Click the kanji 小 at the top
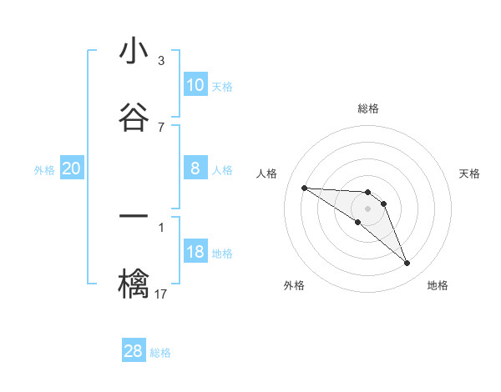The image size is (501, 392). coord(134,52)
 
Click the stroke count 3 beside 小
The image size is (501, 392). coord(160,61)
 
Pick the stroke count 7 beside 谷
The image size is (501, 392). coord(160,127)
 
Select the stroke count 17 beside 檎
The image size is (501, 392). coord(160,294)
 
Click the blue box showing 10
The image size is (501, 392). coord(195,85)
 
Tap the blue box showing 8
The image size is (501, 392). coord(195,168)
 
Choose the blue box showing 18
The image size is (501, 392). coord(195,252)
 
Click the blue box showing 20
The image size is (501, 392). coord(71,168)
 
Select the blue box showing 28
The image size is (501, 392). coord(134,351)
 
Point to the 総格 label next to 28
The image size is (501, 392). coord(160,353)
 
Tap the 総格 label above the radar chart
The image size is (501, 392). coord(367,108)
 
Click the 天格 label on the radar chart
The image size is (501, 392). coord(469,173)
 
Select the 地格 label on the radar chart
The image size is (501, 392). coord(438,285)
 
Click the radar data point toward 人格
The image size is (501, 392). coord(304,188)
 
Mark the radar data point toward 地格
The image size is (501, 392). coord(407,264)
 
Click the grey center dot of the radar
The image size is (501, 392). coord(367,208)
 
